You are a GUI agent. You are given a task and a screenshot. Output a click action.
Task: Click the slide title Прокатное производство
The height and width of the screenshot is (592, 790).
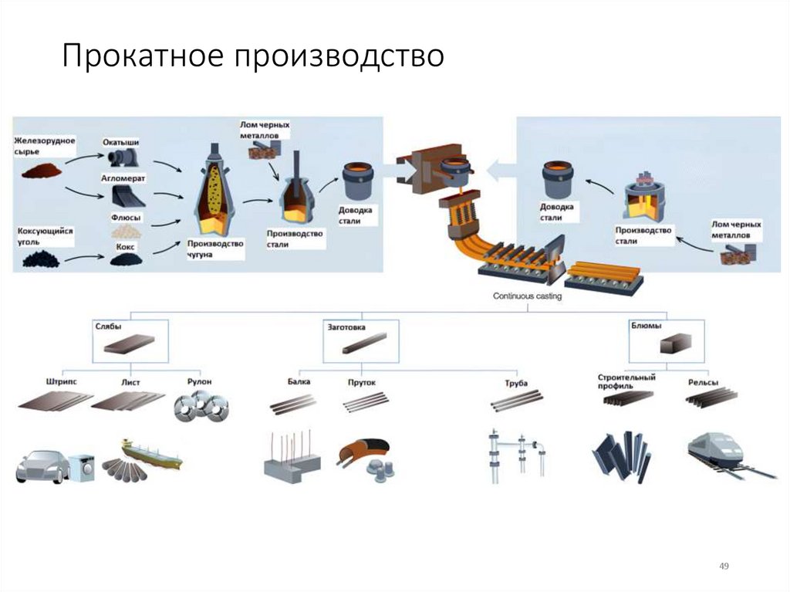[253, 57]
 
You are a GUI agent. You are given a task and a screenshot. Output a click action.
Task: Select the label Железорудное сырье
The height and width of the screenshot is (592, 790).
[43, 144]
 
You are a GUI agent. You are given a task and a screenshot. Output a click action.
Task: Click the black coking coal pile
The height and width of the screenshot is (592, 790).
[40, 259]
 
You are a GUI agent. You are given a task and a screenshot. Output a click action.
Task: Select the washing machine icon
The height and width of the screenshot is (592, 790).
[80, 465]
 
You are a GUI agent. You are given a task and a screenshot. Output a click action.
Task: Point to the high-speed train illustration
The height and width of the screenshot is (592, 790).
[714, 452]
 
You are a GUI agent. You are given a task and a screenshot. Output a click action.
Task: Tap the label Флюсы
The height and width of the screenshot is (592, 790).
[125, 217]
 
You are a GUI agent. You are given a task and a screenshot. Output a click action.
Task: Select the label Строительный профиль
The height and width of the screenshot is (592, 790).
[626, 381]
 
